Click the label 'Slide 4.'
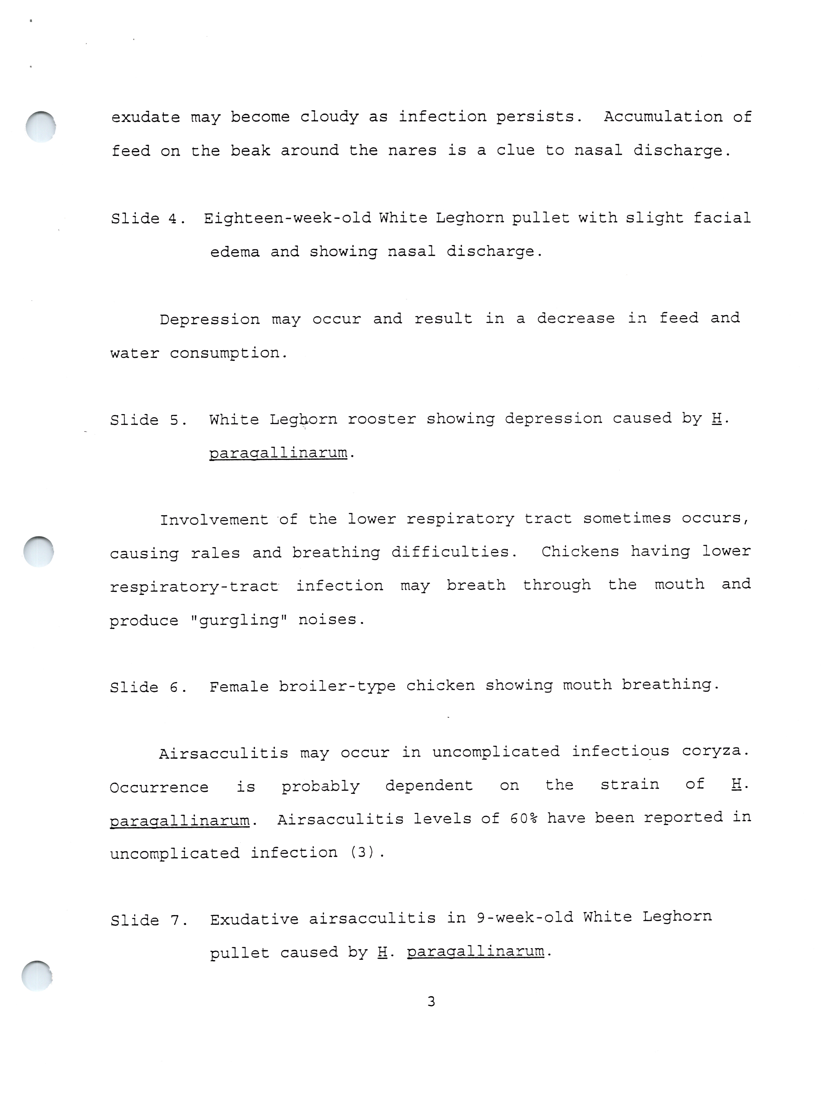coord(148,219)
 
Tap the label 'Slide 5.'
coord(148,420)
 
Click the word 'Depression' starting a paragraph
coord(209,319)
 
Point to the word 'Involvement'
coord(213,520)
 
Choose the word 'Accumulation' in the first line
coord(663,117)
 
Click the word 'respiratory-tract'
coord(194,586)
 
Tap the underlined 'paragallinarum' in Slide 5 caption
coord(278,453)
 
